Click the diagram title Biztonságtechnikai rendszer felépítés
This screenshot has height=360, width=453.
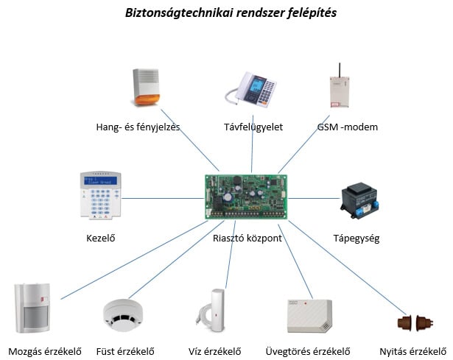click(x=227, y=13)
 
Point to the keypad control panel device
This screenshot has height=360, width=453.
click(x=98, y=195)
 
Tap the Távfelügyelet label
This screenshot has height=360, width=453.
click(x=253, y=127)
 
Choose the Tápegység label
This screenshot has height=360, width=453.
click(x=356, y=239)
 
